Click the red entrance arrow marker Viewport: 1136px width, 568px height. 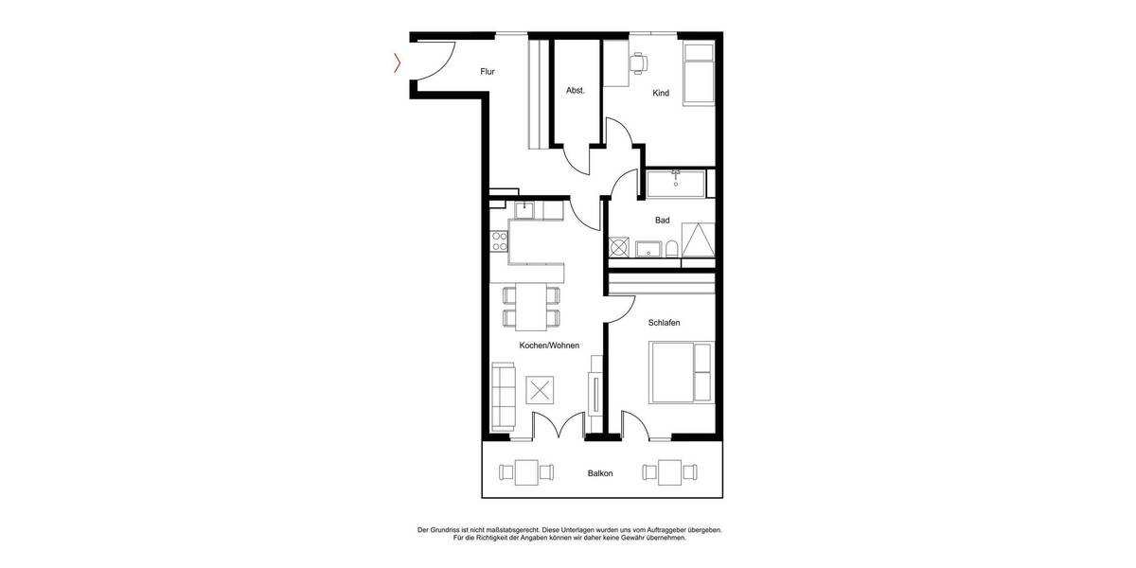pyautogui.click(x=398, y=63)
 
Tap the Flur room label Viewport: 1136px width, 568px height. pyautogui.click(x=488, y=72)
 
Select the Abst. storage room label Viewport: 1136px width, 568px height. pyautogui.click(x=576, y=91)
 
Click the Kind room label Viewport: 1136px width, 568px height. pyautogui.click(x=661, y=93)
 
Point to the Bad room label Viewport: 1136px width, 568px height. pyautogui.click(x=662, y=221)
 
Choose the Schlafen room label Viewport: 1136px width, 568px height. pyautogui.click(x=664, y=323)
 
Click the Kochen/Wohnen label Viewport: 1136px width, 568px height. pyautogui.click(x=549, y=346)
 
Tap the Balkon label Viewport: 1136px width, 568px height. pyautogui.click(x=599, y=473)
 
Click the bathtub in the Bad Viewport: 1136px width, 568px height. pyautogui.click(x=677, y=183)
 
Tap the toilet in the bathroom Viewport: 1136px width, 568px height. pyautogui.click(x=671, y=249)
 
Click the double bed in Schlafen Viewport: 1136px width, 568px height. pyautogui.click(x=679, y=373)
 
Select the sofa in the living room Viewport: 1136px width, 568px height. pyautogui.click(x=503, y=397)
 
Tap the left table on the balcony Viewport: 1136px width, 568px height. pyautogui.click(x=525, y=470)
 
